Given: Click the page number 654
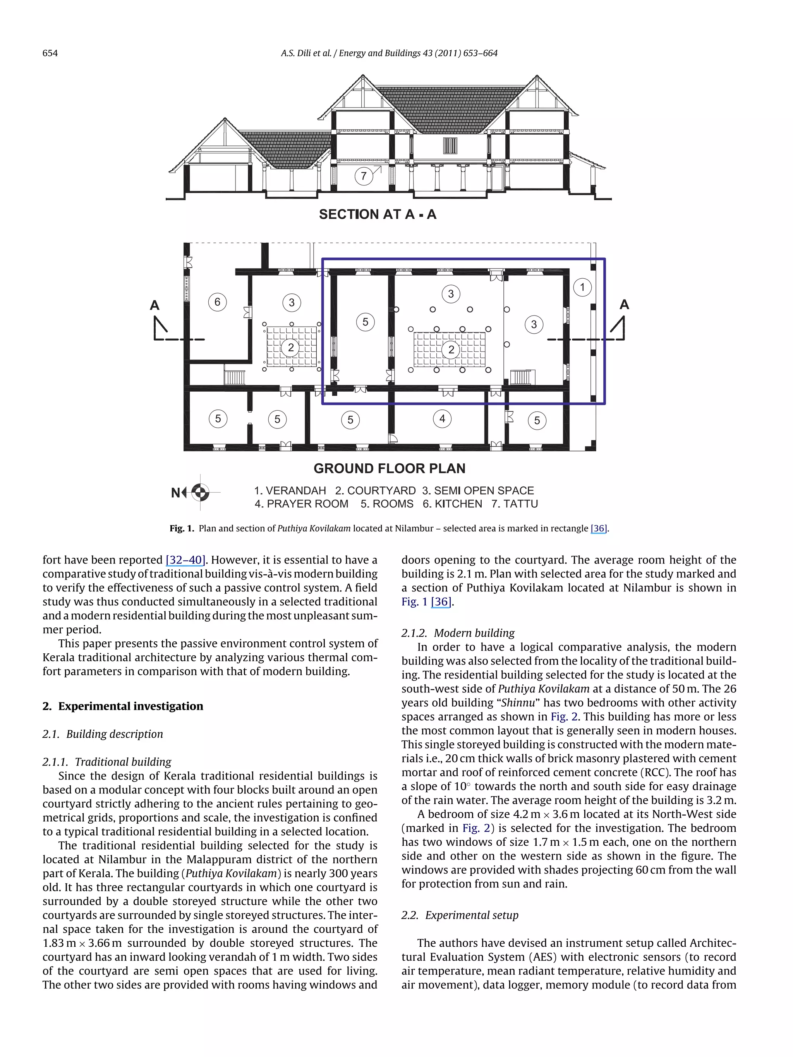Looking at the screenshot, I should (50, 53).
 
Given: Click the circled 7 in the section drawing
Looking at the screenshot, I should (363, 176).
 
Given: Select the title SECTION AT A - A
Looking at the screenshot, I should (378, 214).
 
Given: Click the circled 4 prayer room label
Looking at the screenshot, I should (442, 419).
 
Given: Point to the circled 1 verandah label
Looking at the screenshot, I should (582, 287).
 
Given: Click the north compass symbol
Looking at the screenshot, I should (200, 492).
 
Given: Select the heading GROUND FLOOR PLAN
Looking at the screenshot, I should (389, 468).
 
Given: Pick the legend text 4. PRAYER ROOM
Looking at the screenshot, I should (301, 504).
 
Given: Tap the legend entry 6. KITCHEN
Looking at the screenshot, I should (452, 504).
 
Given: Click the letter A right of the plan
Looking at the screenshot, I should (624, 304).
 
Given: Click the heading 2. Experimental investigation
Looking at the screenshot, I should (123, 706).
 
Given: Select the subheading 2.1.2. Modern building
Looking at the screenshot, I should (458, 633).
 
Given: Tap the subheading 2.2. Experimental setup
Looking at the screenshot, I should (460, 915).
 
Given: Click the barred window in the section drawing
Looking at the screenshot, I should (450, 145).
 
